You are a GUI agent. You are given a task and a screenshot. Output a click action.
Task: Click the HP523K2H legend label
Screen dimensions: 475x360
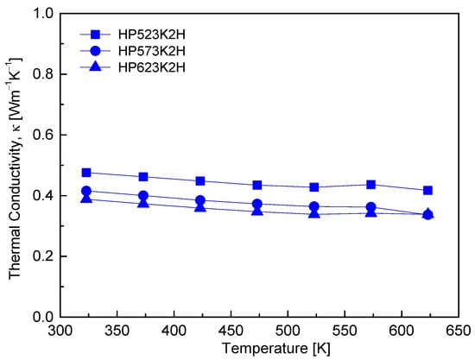click(x=151, y=35)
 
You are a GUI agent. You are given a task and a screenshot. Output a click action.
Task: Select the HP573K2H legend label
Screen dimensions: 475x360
click(x=151, y=51)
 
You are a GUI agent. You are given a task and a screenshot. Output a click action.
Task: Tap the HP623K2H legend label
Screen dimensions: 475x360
click(x=151, y=67)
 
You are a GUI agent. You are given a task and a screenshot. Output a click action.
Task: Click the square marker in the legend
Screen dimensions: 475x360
click(x=95, y=35)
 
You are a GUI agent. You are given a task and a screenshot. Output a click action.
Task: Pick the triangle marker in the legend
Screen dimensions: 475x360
click(x=95, y=66)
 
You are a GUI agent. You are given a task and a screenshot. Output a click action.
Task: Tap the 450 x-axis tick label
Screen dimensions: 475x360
click(x=231, y=331)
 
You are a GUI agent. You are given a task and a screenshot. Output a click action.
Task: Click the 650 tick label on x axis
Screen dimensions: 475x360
click(x=459, y=331)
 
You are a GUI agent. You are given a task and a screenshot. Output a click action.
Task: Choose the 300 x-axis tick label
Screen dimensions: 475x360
click(x=60, y=331)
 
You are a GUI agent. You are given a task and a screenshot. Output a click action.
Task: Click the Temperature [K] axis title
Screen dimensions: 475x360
click(x=276, y=348)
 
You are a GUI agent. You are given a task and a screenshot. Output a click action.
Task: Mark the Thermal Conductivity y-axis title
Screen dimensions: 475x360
click(x=16, y=168)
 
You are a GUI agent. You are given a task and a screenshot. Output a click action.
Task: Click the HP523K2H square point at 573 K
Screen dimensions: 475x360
click(x=370, y=185)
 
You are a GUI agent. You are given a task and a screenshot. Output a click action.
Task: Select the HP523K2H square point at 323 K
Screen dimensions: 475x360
click(x=86, y=173)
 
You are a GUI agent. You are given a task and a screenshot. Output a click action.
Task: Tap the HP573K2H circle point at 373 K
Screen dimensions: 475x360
click(x=143, y=196)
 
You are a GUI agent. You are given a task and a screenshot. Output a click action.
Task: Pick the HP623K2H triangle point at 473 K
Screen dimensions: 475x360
click(x=257, y=210)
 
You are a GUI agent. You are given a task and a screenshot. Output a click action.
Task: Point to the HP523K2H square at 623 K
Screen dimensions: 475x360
click(x=427, y=190)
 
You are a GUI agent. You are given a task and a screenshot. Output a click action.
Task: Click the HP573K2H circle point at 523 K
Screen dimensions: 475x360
click(x=314, y=207)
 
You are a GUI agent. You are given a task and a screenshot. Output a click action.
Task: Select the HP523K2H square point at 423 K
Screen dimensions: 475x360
click(x=200, y=181)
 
